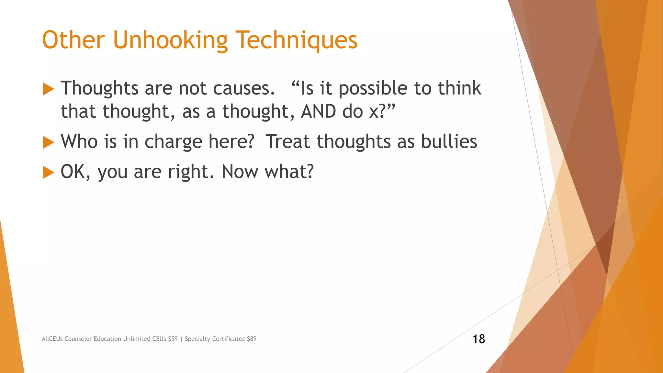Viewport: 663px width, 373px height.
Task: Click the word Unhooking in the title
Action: (x=170, y=40)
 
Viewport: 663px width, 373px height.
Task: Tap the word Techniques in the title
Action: (x=296, y=41)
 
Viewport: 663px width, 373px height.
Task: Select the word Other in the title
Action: (x=73, y=40)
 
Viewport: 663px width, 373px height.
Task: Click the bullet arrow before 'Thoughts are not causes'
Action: (x=48, y=89)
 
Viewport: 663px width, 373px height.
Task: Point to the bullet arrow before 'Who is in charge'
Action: (x=48, y=142)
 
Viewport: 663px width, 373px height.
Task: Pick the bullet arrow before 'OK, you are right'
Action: (x=48, y=172)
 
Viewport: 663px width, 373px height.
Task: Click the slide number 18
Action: (x=479, y=339)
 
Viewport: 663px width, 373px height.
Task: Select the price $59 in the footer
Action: (x=173, y=339)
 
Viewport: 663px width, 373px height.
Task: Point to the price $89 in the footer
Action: (x=252, y=339)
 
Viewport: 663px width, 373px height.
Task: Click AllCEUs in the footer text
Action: (x=52, y=339)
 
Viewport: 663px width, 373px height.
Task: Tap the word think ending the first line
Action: (x=459, y=88)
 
